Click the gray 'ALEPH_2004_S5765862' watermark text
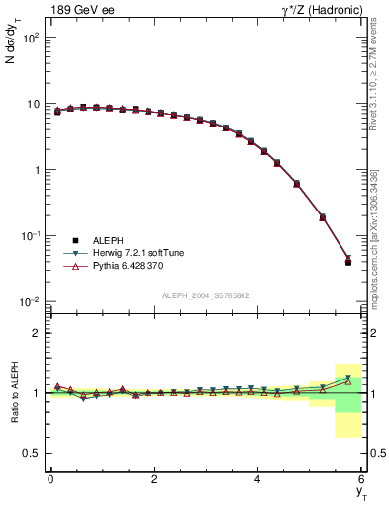[207, 295]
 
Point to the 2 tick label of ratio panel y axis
[36, 333]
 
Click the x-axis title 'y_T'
[361, 493]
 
